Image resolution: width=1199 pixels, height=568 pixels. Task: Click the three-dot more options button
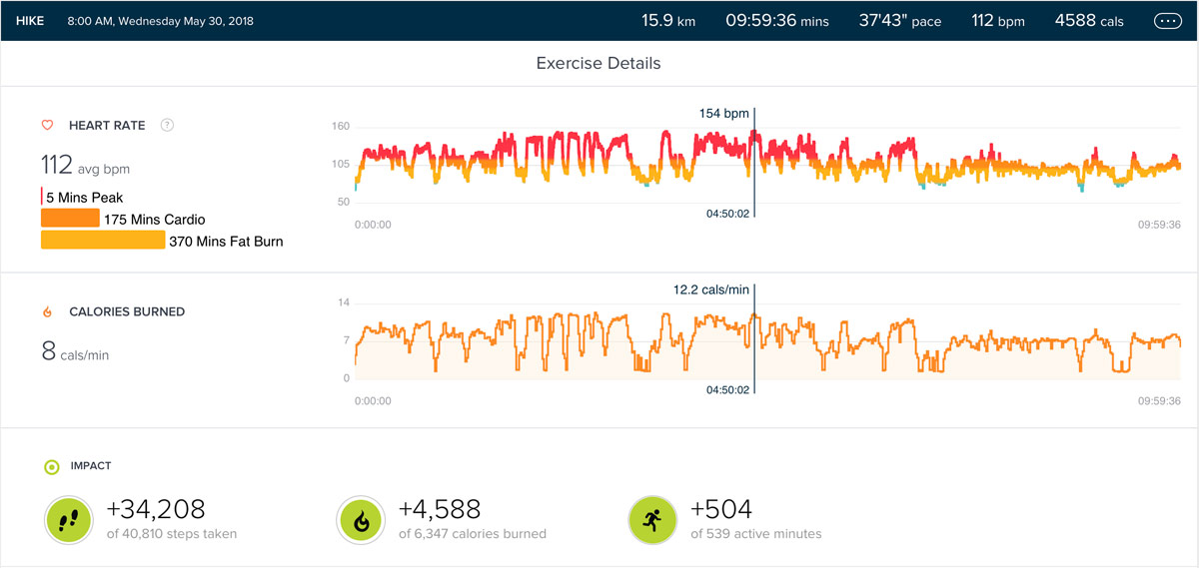click(x=1167, y=21)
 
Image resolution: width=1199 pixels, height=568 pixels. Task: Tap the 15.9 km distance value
click(x=667, y=21)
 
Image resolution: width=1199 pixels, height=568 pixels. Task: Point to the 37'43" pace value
click(x=899, y=21)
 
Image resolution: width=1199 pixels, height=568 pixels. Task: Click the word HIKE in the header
click(x=30, y=21)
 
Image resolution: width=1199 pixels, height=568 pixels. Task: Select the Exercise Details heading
click(x=599, y=63)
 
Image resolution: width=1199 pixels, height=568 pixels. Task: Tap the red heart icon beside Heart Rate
click(x=47, y=126)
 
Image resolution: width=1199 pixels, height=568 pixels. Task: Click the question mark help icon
click(x=168, y=126)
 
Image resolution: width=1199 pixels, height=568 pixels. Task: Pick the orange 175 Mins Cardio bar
click(x=70, y=219)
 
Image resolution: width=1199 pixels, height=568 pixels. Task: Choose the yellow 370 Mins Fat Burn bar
click(x=102, y=241)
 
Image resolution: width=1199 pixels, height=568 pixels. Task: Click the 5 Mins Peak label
click(x=85, y=198)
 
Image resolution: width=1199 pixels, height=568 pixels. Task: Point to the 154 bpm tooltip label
click(x=723, y=114)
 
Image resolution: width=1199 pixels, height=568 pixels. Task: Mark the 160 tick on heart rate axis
click(x=341, y=127)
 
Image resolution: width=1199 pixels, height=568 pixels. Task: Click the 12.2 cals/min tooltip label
click(x=710, y=290)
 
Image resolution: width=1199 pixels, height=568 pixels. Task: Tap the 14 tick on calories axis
click(x=344, y=302)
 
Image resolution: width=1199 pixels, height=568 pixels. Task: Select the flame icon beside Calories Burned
click(x=47, y=312)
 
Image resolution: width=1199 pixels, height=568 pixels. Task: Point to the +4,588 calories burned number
click(x=440, y=509)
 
